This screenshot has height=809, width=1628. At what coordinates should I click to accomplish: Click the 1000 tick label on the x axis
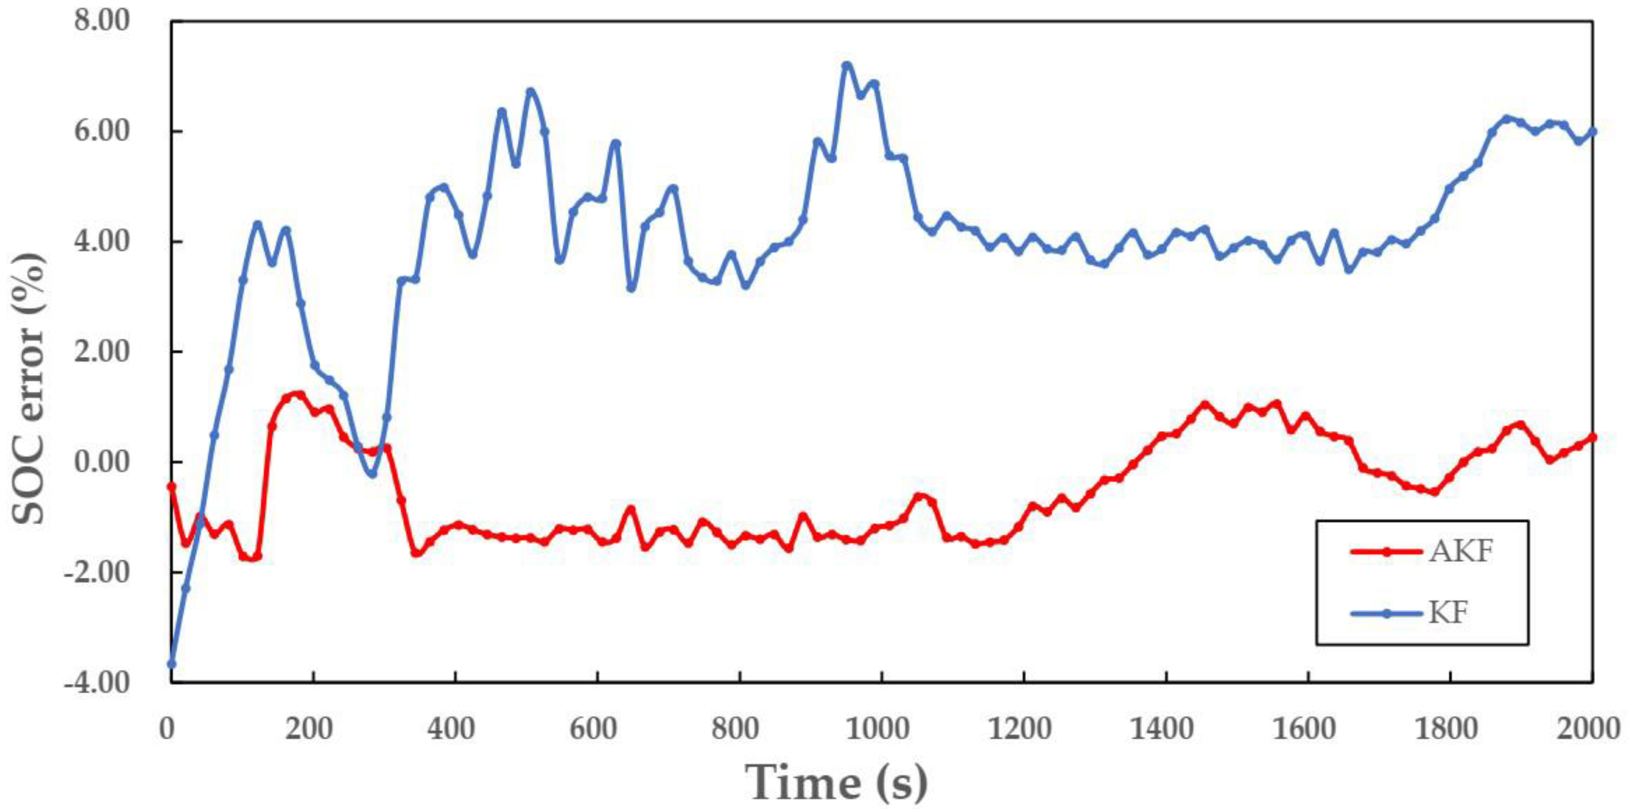click(x=880, y=729)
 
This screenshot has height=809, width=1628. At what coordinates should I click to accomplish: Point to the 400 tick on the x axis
click(x=454, y=729)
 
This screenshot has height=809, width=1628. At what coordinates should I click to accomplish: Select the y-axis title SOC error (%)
click(x=30, y=389)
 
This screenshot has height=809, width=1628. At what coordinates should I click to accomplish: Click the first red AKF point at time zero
click(x=171, y=486)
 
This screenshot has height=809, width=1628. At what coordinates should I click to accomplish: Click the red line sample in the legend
click(x=1382, y=552)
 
